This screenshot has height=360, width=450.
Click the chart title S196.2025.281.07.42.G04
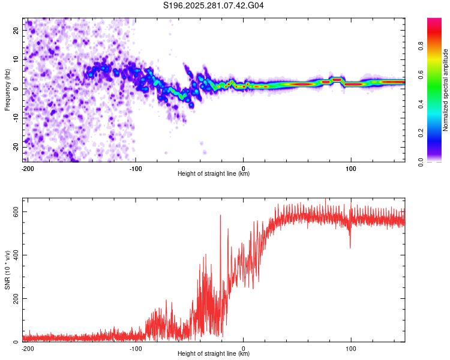click(x=214, y=6)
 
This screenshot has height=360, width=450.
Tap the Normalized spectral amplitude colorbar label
click(x=445, y=90)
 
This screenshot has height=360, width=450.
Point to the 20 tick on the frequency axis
click(x=17, y=30)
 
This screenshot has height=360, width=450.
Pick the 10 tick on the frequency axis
click(x=17, y=59)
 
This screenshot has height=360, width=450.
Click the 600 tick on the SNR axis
click(x=14, y=212)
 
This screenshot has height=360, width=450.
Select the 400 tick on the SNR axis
click(x=14, y=256)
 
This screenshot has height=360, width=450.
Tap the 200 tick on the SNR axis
click(x=14, y=299)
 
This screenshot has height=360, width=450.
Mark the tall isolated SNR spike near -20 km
click(x=221, y=216)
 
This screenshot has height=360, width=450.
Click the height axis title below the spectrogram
click(x=214, y=174)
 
